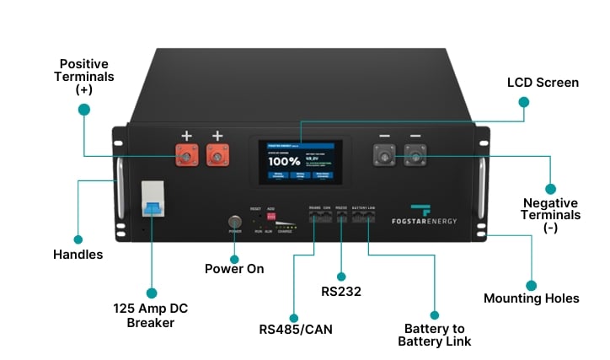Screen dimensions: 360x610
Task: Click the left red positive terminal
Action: (x=186, y=155)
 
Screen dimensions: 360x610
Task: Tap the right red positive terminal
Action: (x=217, y=155)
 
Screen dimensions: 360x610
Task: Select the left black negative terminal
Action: (x=385, y=155)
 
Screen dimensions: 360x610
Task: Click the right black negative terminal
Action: (x=415, y=155)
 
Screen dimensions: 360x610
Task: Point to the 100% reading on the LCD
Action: (x=284, y=160)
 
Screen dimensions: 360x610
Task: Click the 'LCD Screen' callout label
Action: (x=543, y=83)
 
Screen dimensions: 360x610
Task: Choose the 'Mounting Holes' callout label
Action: (x=531, y=298)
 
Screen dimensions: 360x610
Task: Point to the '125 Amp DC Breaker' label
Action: (x=151, y=315)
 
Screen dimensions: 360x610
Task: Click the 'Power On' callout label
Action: (x=234, y=268)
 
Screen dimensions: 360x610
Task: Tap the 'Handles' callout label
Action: (x=78, y=254)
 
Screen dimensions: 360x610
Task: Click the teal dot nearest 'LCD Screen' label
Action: (x=523, y=102)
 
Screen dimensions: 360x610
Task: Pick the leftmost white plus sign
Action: (x=186, y=136)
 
